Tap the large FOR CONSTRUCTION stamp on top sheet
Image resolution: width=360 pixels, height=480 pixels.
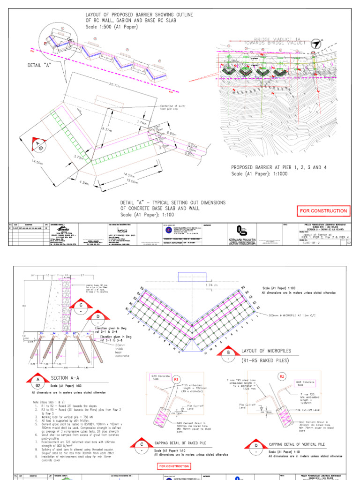[323, 211]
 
